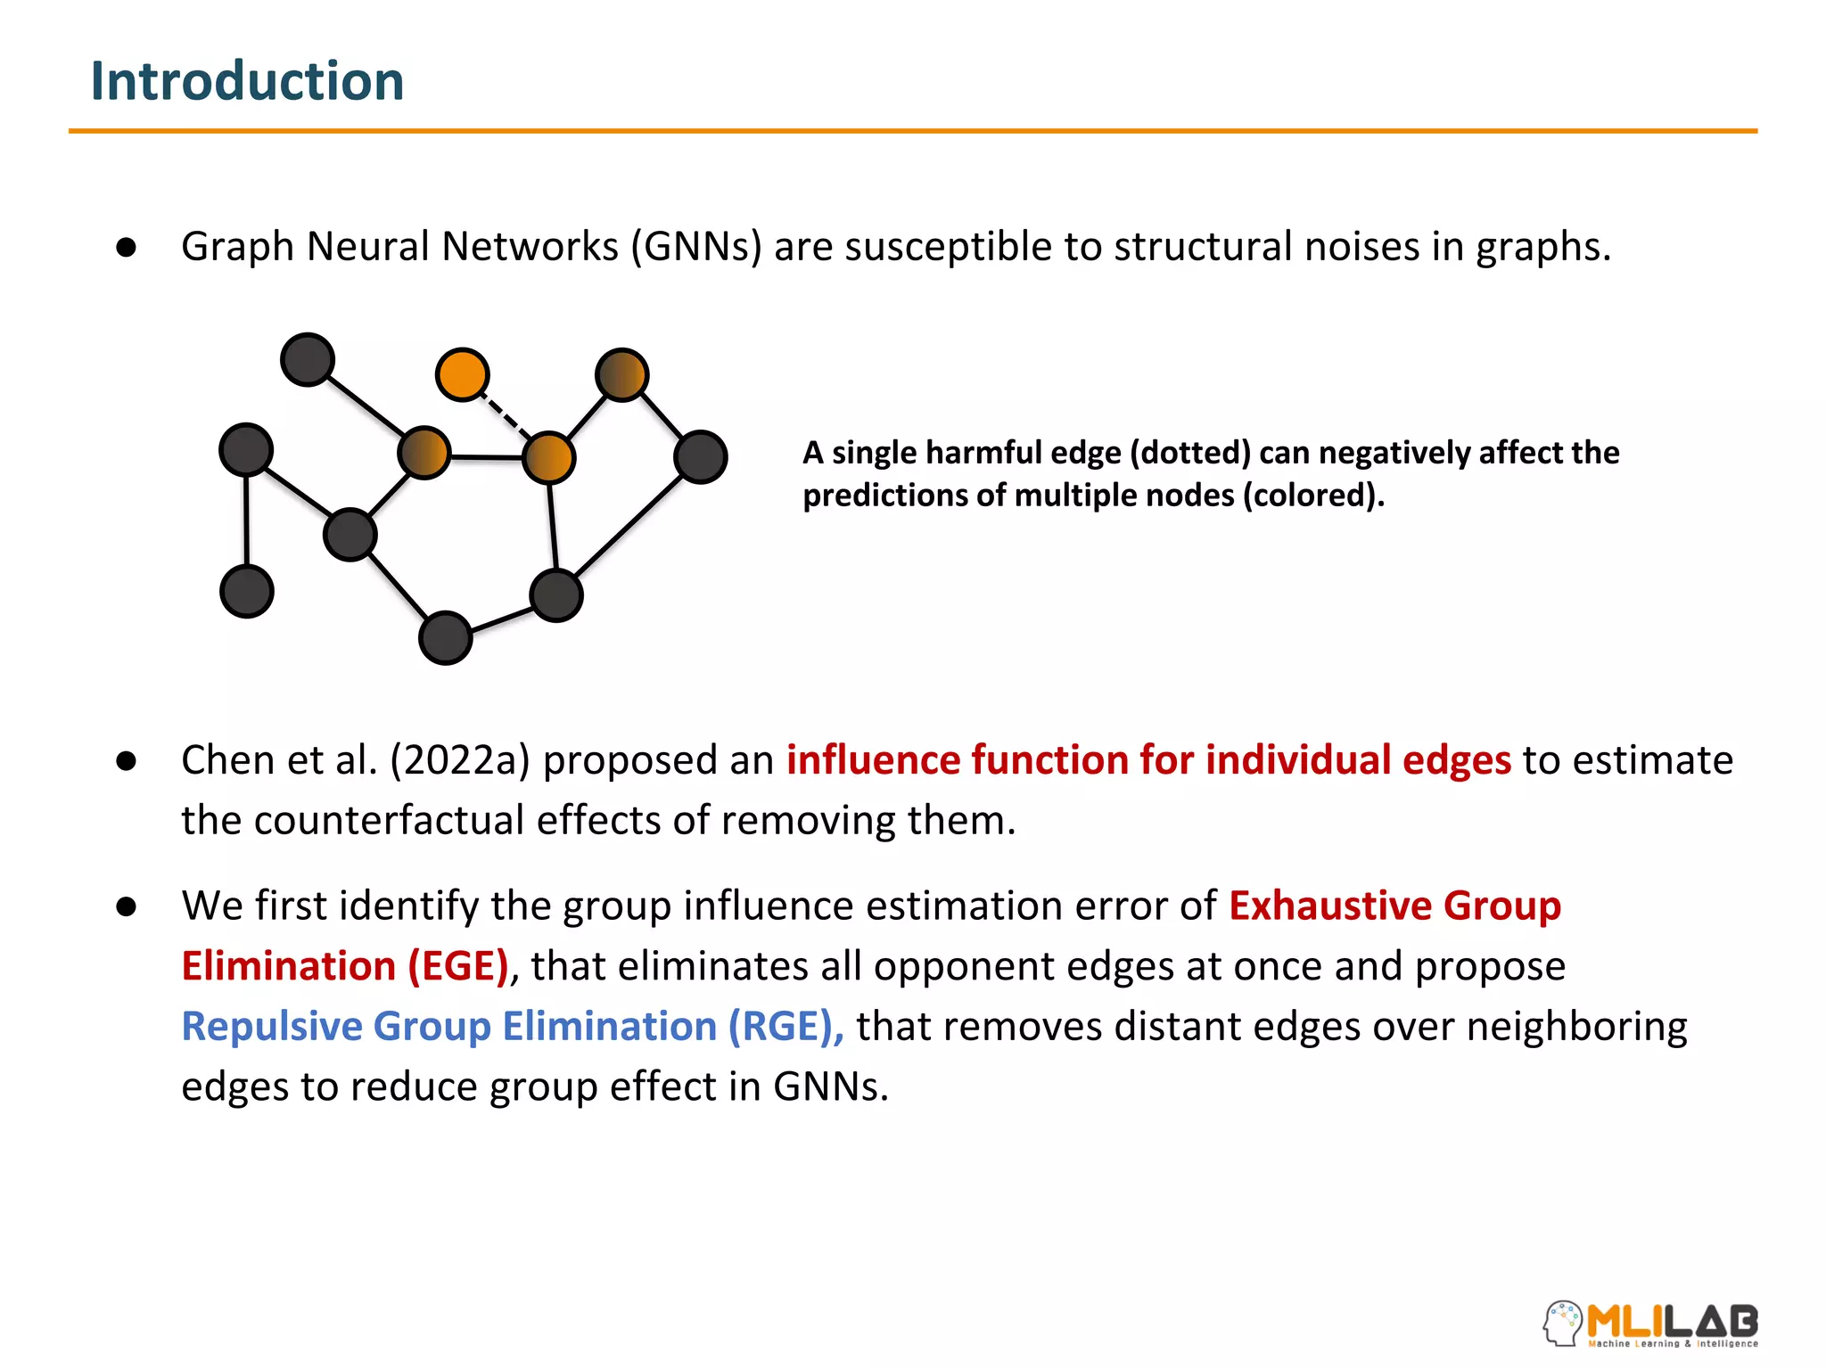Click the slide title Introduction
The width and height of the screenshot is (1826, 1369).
tap(247, 81)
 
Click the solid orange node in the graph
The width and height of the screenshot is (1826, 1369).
tap(462, 374)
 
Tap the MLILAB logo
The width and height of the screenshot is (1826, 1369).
tap(1650, 1324)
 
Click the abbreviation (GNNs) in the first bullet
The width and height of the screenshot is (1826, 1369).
tap(696, 247)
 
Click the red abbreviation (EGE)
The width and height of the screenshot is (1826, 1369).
tap(458, 966)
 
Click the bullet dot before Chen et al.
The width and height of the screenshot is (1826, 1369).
tap(126, 761)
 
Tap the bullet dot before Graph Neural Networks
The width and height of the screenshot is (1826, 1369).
tap(126, 248)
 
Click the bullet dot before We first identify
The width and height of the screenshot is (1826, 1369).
tap(126, 906)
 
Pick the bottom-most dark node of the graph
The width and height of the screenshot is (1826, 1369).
tap(445, 638)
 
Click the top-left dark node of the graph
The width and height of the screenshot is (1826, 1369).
tap(308, 360)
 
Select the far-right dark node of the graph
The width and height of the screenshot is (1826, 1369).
tap(701, 457)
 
